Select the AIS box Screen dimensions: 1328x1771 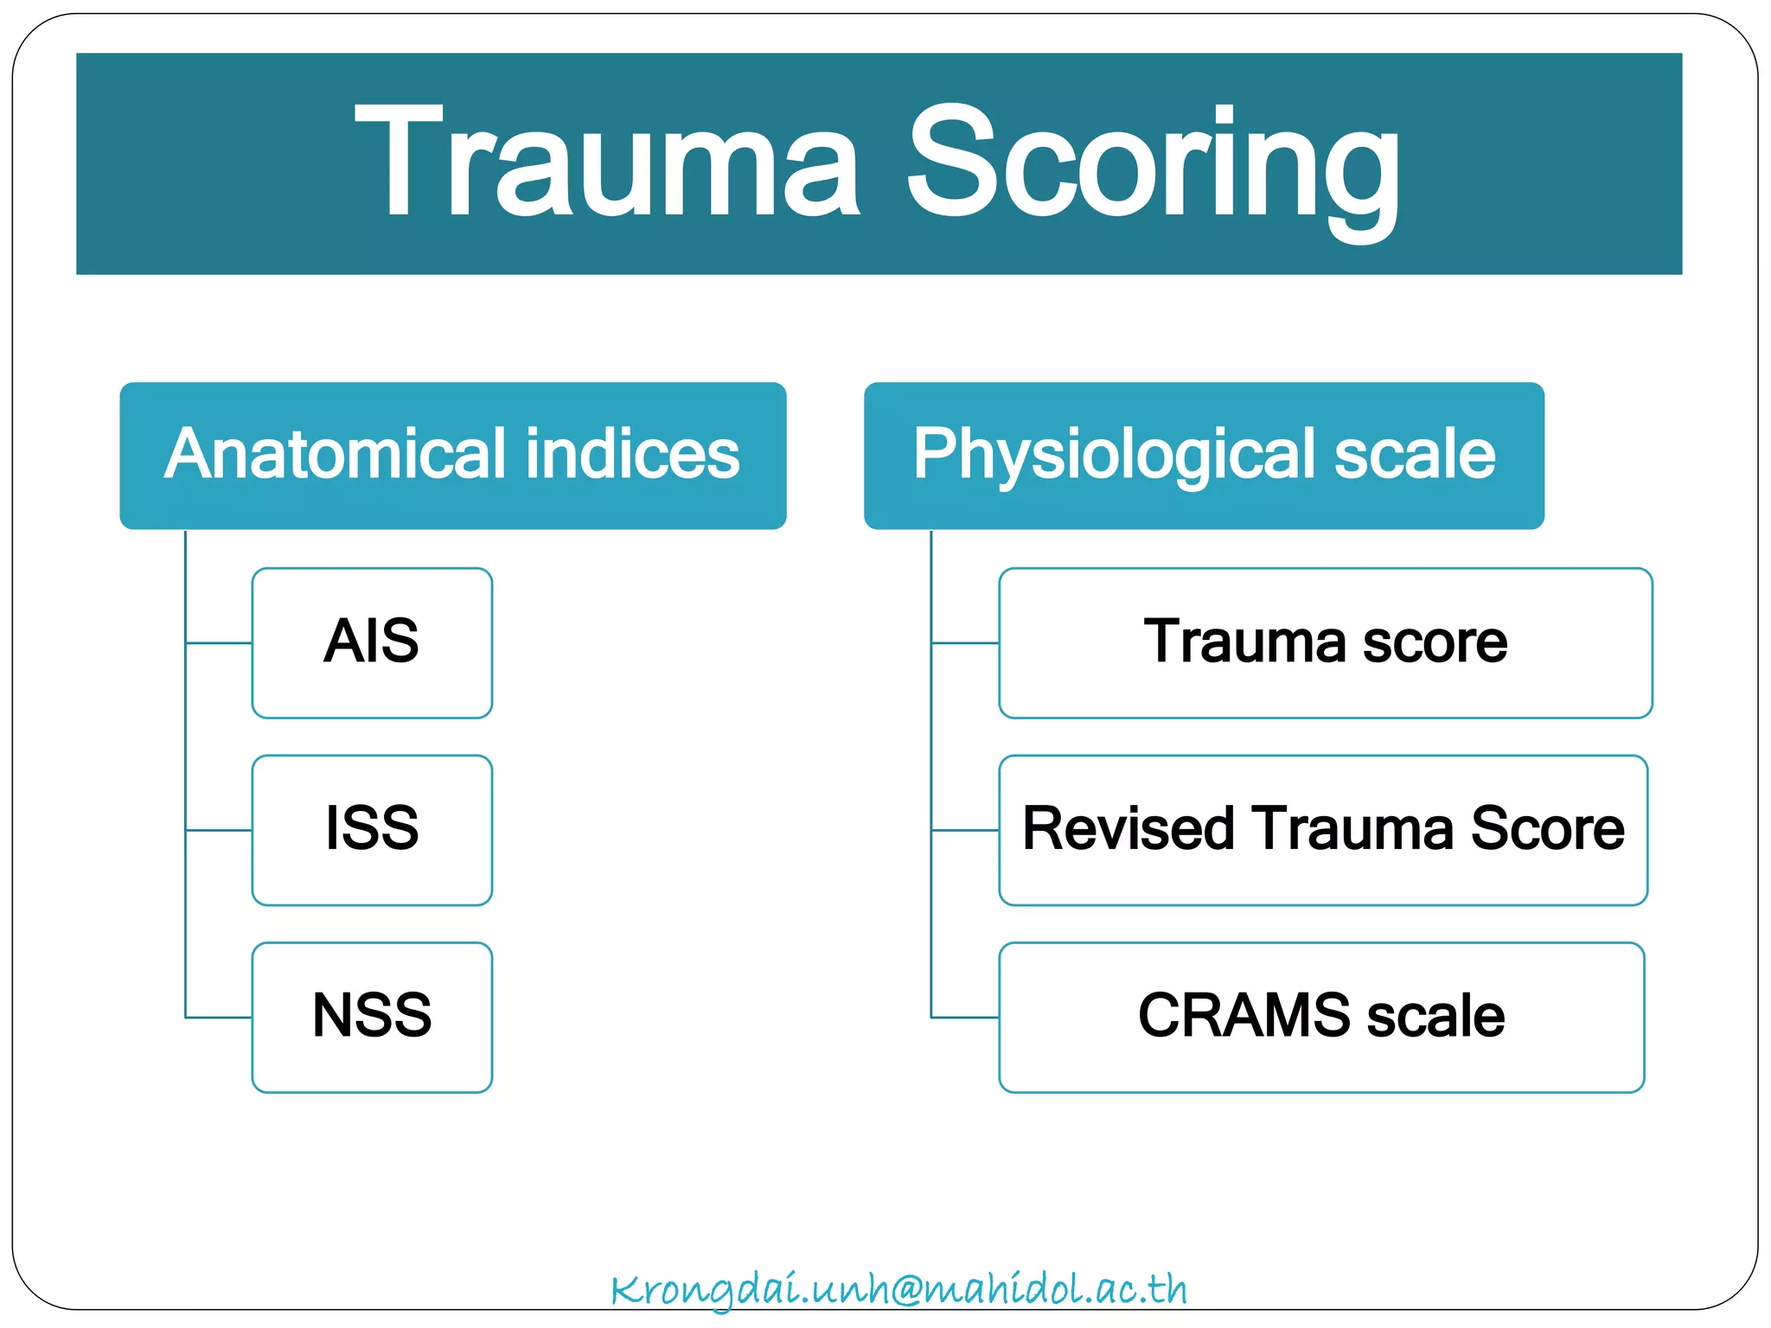[372, 642]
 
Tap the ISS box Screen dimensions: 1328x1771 [372, 829]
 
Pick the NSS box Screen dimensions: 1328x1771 [372, 1017]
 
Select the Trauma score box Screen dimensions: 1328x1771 [1325, 642]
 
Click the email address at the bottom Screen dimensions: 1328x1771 [899, 1289]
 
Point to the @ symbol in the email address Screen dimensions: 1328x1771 [892, 1290]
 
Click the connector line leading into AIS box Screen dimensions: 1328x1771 [219, 642]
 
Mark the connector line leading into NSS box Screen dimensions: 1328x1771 [219, 1018]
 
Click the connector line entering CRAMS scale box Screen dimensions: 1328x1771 [965, 1018]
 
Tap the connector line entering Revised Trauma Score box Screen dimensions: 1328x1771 [965, 830]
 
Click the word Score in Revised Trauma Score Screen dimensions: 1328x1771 [1547, 829]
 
